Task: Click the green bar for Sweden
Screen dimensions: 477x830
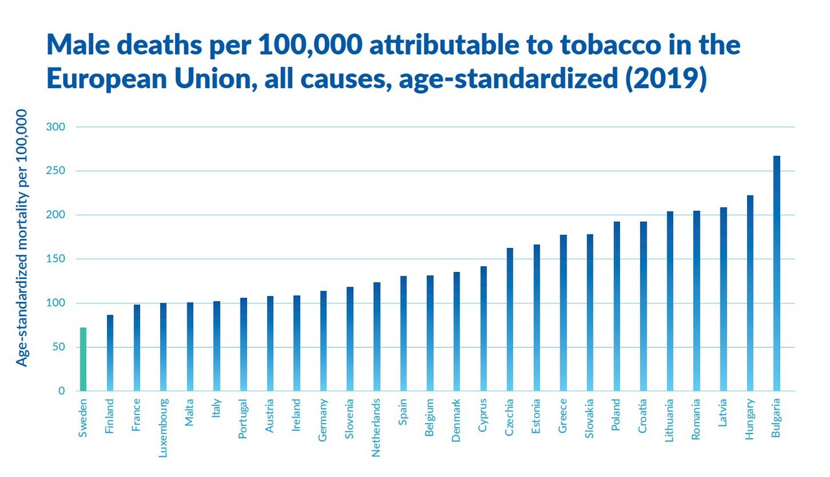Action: (x=83, y=360)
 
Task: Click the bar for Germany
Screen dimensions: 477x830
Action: (x=324, y=341)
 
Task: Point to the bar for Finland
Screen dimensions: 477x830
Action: (x=110, y=353)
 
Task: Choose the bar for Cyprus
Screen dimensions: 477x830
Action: (x=483, y=328)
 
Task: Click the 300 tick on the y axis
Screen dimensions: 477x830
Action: (x=56, y=127)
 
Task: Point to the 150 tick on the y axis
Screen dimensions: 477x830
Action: (x=56, y=259)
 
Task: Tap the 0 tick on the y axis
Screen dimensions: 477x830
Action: (x=61, y=391)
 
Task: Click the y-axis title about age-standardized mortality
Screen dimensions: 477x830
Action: (x=22, y=238)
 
